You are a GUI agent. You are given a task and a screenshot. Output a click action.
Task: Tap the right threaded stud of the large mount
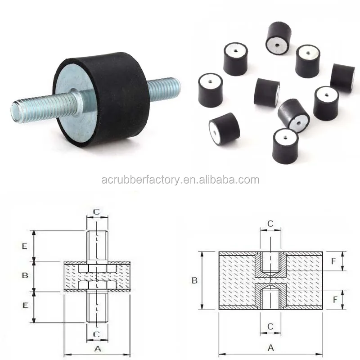point(165,89)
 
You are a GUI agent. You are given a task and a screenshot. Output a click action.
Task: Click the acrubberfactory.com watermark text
point(180,180)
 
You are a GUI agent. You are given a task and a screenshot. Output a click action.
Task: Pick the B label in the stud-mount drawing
point(26,275)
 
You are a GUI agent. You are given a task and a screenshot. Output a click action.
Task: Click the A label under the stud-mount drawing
point(97,348)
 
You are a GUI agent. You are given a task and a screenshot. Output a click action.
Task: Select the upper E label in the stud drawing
point(25,246)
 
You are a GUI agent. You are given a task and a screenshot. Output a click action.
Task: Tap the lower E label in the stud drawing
point(25,306)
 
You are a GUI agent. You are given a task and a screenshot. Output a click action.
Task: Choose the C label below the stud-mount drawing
point(97,333)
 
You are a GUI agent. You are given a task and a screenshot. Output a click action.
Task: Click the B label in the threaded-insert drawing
point(194,280)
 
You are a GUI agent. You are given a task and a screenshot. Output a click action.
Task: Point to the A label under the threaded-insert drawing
point(270,347)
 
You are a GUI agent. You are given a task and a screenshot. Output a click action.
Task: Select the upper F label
point(334,261)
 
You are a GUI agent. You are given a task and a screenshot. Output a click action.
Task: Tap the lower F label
point(334,299)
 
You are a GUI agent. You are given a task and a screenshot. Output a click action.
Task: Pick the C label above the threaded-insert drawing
point(270,223)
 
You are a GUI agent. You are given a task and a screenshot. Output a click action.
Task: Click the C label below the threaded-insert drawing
point(270,325)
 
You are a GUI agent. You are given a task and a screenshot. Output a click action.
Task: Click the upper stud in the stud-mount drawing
point(97,245)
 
